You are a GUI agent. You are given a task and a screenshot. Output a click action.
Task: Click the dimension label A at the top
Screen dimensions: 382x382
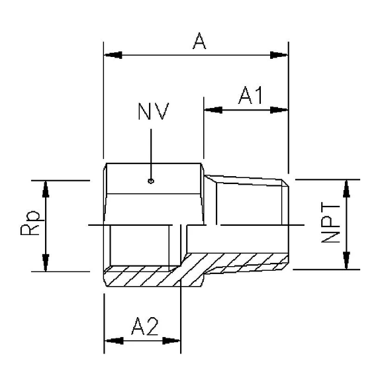click(x=198, y=42)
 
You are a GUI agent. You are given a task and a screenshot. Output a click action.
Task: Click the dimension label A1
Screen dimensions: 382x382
click(x=252, y=97)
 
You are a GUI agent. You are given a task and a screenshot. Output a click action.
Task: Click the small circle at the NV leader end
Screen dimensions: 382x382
click(x=152, y=179)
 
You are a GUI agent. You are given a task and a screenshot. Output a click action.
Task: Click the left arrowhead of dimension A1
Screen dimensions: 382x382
click(x=211, y=110)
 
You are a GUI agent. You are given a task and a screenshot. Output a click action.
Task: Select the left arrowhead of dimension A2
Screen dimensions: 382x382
click(x=111, y=341)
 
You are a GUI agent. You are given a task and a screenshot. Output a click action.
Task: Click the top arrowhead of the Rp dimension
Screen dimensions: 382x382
click(x=46, y=187)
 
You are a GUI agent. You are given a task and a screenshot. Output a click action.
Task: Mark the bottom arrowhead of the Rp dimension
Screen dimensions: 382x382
click(x=46, y=263)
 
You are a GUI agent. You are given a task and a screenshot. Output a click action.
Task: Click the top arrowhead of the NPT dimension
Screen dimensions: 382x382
click(x=346, y=187)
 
